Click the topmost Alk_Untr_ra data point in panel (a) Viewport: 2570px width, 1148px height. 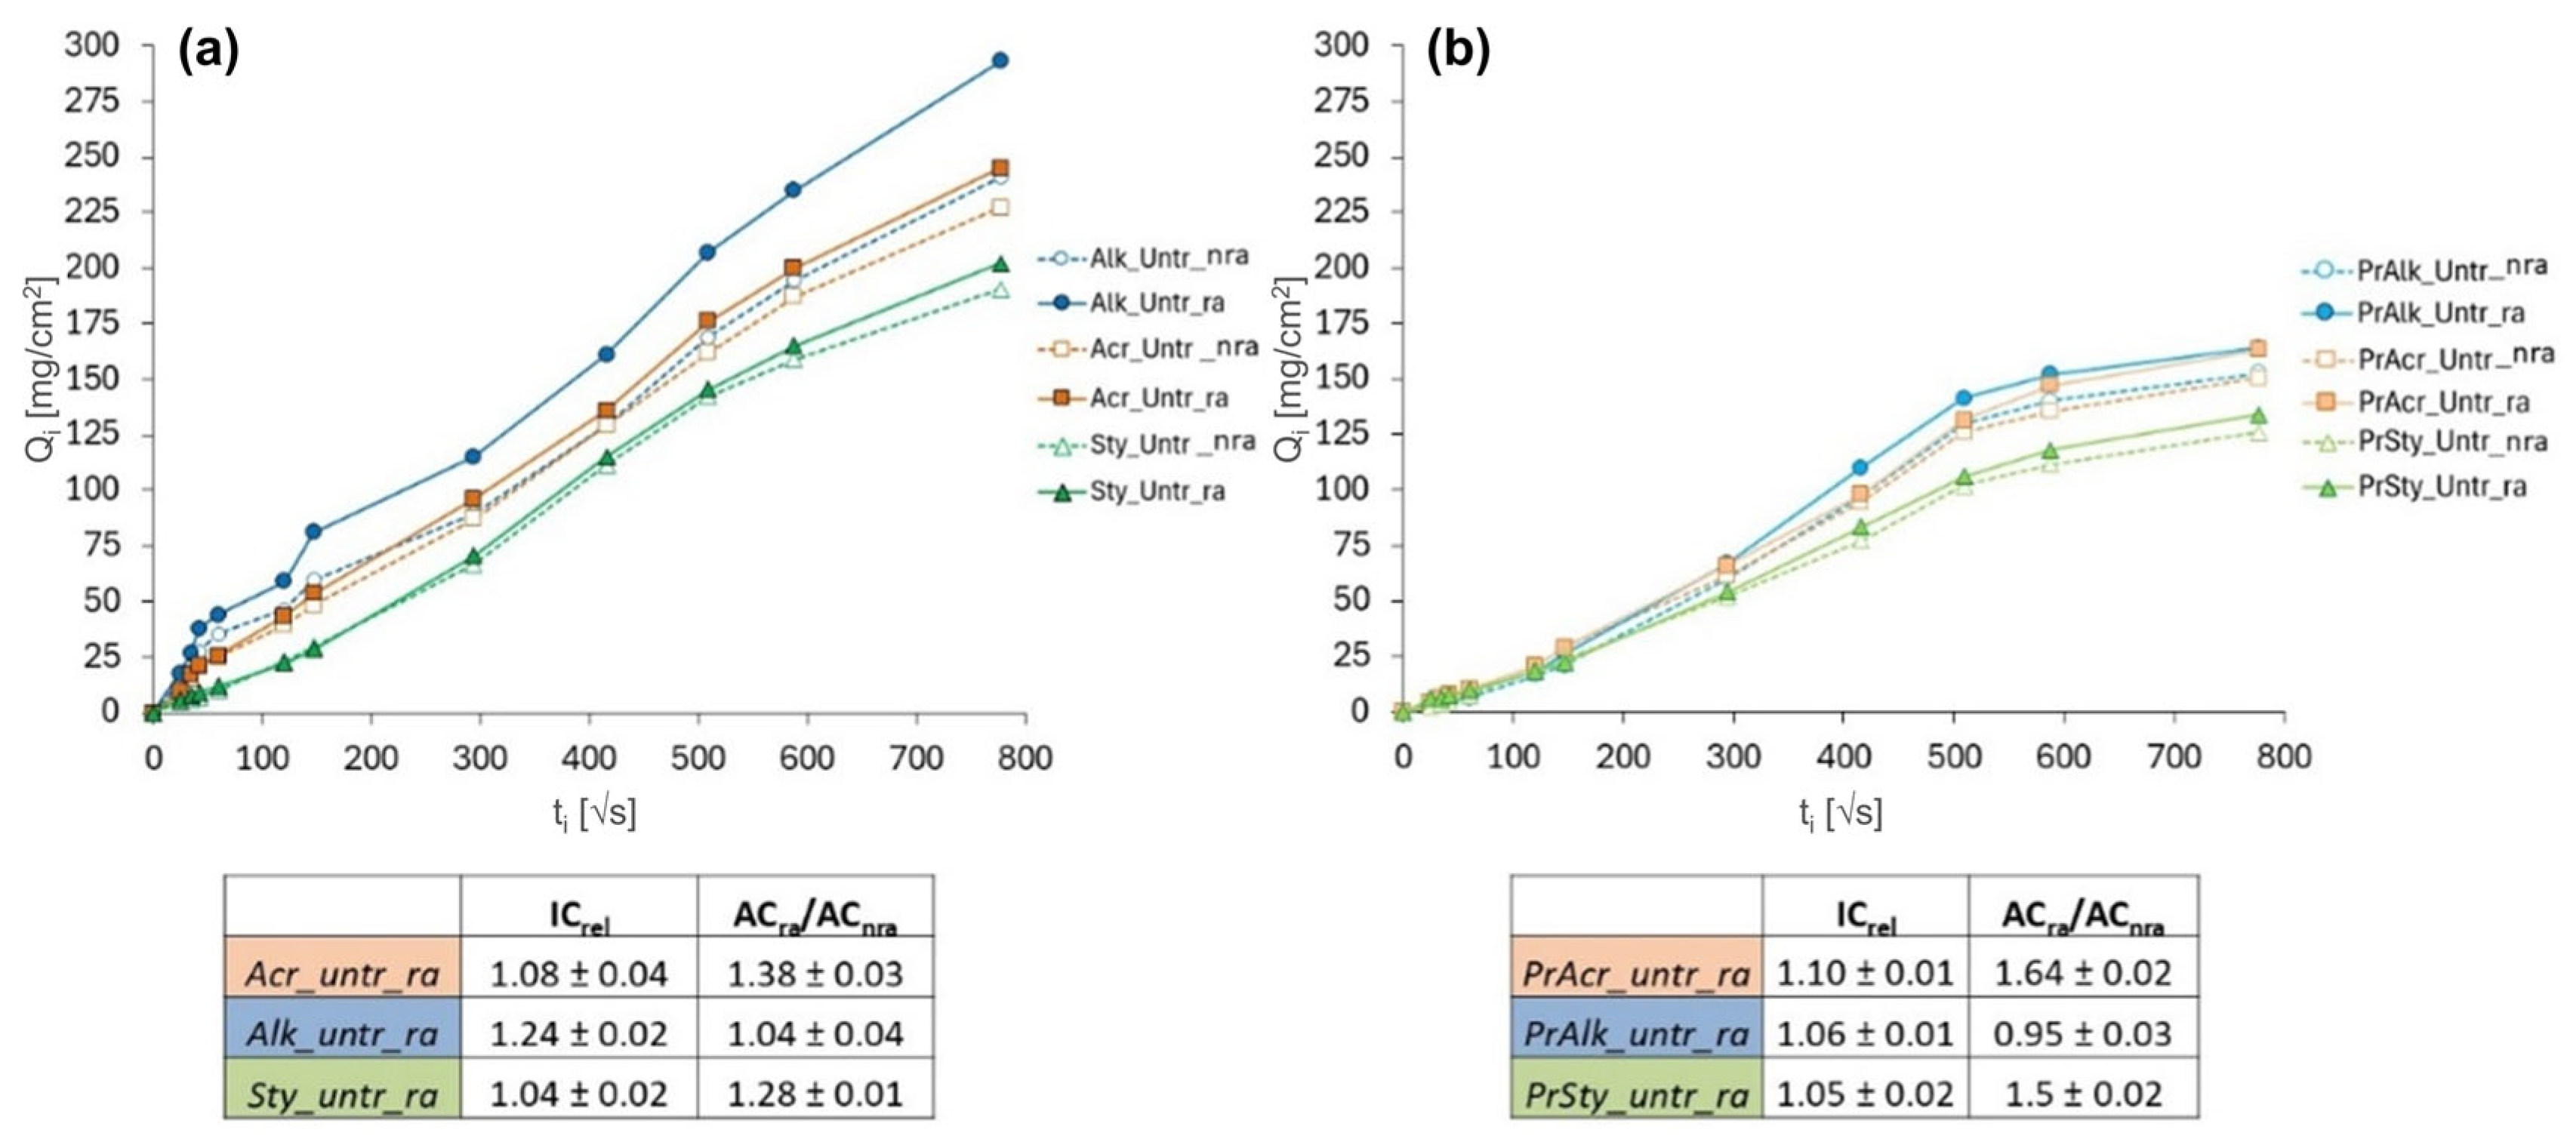pos(1000,61)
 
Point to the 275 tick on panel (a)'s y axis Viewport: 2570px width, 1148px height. pos(92,100)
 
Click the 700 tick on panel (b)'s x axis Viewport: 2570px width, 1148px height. pos(2174,757)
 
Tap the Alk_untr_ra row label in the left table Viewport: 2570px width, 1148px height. pos(342,1034)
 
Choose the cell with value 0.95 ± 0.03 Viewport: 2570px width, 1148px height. pos(2082,1034)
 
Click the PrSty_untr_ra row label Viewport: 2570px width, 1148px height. pos(1636,1095)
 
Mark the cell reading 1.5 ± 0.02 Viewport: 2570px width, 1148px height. pos(2082,1095)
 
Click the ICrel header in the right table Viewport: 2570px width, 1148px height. pos(1865,916)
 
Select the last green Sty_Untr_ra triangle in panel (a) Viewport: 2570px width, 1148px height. pos(1000,264)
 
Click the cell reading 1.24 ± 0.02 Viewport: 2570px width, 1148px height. pos(578,1034)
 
